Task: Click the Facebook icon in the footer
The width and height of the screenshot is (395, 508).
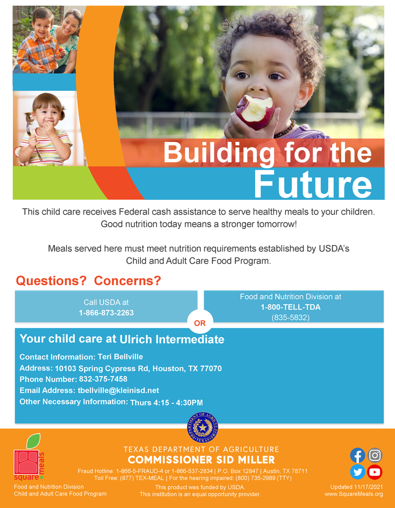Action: (x=357, y=455)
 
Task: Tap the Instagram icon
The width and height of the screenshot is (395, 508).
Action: (x=375, y=455)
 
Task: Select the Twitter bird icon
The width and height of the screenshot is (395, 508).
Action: (x=357, y=472)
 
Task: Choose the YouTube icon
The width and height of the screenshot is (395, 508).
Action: (x=375, y=472)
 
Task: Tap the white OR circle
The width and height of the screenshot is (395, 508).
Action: (x=200, y=323)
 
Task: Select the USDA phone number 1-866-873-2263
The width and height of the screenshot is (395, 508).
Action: (x=106, y=313)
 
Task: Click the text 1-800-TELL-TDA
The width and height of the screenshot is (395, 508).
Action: (x=290, y=307)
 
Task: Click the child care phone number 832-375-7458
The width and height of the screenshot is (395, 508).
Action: (x=103, y=379)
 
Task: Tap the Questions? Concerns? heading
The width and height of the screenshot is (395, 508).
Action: (x=89, y=281)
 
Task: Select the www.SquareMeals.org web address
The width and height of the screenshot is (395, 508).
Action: (x=354, y=494)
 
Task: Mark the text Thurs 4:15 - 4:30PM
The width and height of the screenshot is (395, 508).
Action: (x=167, y=402)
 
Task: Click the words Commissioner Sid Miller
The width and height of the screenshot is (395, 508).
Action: (x=201, y=459)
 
